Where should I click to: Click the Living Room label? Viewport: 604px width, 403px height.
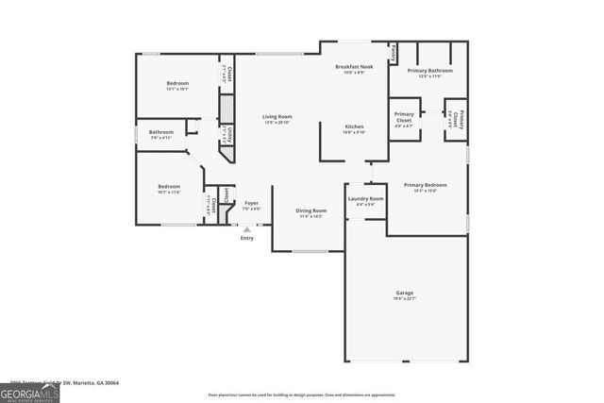pyautogui.click(x=277, y=116)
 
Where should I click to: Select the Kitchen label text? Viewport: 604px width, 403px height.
pyautogui.click(x=354, y=126)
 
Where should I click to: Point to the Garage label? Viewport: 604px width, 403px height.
pyautogui.click(x=403, y=294)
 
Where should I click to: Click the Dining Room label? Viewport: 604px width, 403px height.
pyautogui.click(x=311, y=210)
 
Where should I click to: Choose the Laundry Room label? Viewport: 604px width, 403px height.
pyautogui.click(x=365, y=199)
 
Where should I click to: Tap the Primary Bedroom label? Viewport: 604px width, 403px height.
pyautogui.click(x=425, y=185)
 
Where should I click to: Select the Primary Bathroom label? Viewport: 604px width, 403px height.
pyautogui.click(x=429, y=71)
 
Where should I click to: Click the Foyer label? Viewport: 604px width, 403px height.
pyautogui.click(x=252, y=204)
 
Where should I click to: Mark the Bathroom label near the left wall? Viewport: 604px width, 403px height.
pyautogui.click(x=160, y=132)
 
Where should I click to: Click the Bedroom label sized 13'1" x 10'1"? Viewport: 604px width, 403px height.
pyautogui.click(x=177, y=83)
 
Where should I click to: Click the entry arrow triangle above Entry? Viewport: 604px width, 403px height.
pyautogui.click(x=247, y=227)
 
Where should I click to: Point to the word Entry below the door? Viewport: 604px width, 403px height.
pyautogui.click(x=247, y=238)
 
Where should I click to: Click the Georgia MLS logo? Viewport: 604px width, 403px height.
pyautogui.click(x=29, y=390)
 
